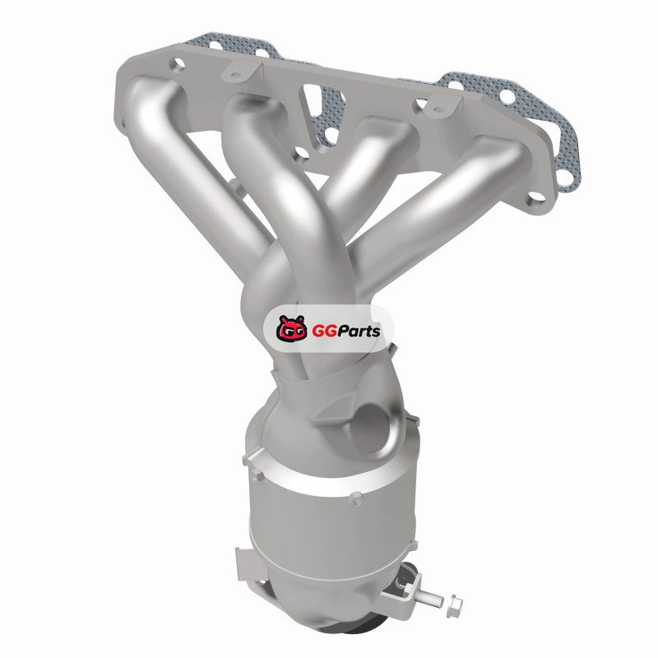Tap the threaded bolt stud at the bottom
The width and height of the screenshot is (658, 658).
429,596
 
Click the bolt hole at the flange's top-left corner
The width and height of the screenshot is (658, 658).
178,64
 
